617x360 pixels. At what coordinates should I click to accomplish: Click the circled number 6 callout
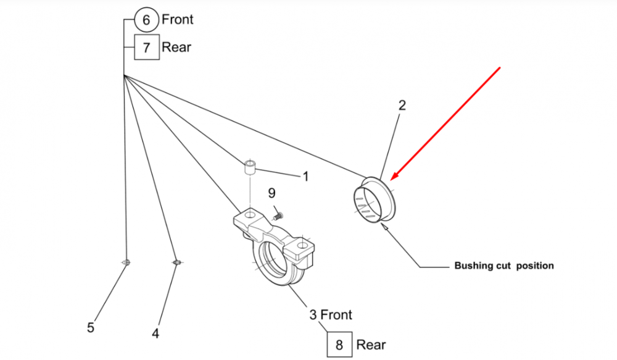point(146,20)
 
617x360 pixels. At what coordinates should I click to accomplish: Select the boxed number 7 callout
point(146,47)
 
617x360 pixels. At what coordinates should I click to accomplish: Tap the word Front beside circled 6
point(178,19)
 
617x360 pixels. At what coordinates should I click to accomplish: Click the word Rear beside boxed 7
point(176,47)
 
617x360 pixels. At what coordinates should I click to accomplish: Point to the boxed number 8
point(339,345)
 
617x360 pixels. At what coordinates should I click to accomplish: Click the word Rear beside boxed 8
point(371,344)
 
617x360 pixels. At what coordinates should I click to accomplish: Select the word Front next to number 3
point(336,315)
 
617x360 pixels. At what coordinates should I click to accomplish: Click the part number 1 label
point(305,177)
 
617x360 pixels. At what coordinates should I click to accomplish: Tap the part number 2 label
point(402,106)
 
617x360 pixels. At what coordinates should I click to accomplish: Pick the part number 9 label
point(272,193)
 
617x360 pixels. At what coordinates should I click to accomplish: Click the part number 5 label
point(91,328)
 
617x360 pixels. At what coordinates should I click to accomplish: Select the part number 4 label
point(155,333)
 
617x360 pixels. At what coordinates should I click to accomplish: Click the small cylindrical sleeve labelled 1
point(250,168)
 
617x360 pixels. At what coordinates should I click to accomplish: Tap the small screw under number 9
point(277,216)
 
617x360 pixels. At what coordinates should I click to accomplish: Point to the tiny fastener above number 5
point(126,263)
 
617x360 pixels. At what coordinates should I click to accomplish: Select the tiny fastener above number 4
point(176,263)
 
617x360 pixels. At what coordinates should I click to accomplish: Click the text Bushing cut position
point(504,266)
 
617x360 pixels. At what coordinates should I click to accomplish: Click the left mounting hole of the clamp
point(250,214)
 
